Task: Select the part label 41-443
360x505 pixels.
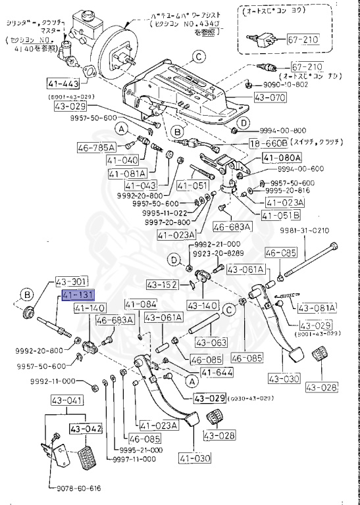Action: [x=63, y=84]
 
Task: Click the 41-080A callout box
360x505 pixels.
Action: [x=281, y=158]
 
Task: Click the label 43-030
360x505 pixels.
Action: [x=284, y=379]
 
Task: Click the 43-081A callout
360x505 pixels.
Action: [x=316, y=307]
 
